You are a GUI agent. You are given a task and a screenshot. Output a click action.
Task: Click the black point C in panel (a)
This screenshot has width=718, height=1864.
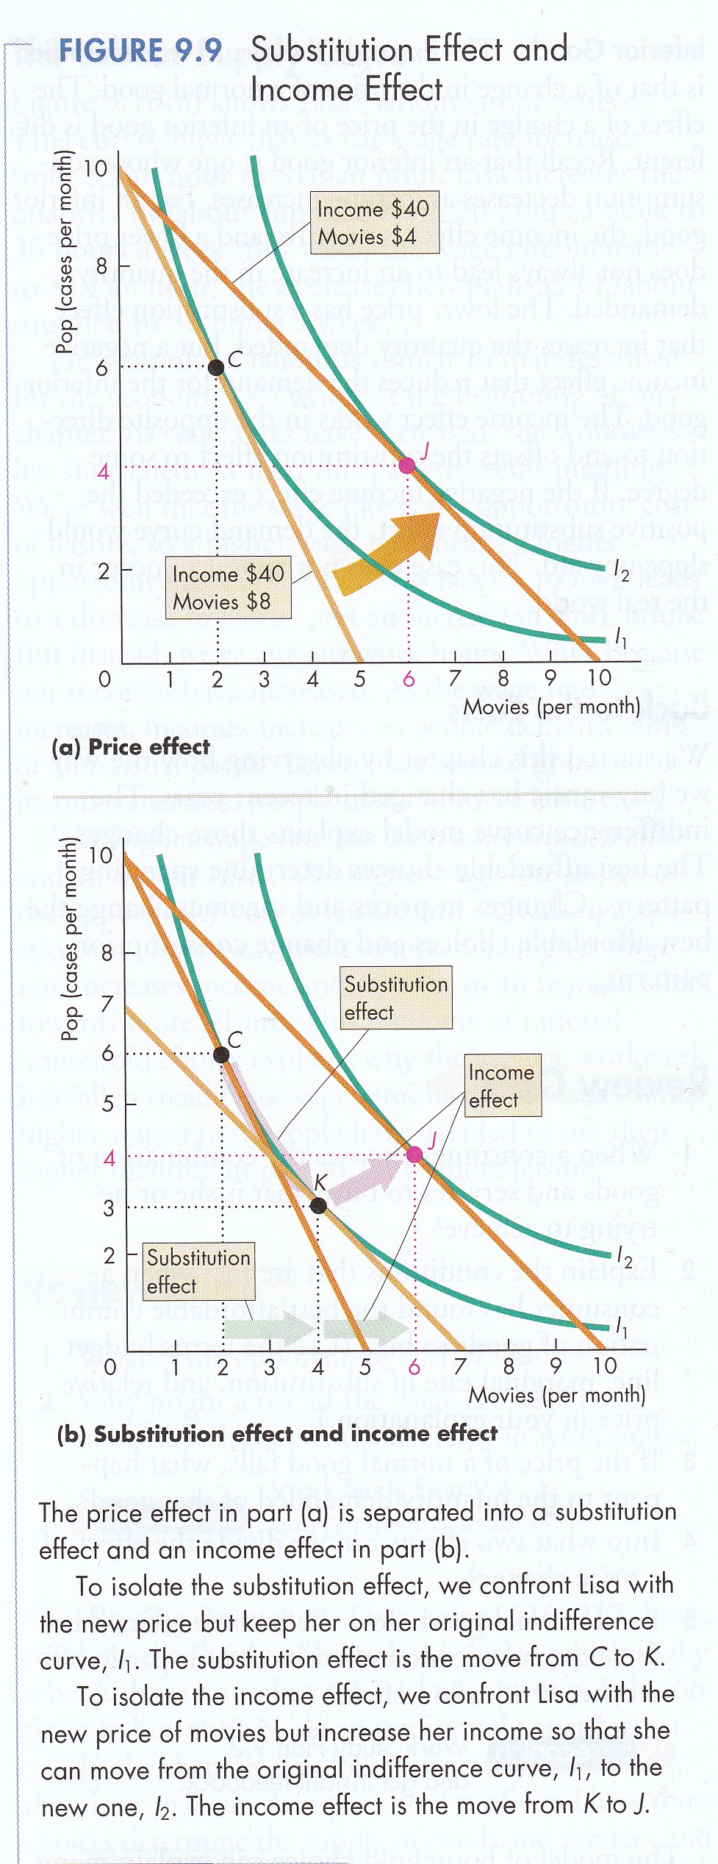click(x=216, y=366)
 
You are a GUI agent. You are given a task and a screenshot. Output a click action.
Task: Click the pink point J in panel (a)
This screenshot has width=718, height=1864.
click(x=406, y=464)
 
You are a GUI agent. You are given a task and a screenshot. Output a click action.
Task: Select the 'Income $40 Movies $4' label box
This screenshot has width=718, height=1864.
click(x=374, y=223)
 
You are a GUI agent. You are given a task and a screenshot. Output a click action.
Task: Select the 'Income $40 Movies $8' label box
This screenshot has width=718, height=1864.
click(x=227, y=588)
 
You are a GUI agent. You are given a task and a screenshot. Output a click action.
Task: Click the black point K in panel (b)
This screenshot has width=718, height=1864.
click(x=318, y=1204)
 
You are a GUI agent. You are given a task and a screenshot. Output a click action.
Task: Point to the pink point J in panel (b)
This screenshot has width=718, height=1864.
click(x=414, y=1154)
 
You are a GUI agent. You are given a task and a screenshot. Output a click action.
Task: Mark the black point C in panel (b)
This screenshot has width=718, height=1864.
click(x=221, y=1054)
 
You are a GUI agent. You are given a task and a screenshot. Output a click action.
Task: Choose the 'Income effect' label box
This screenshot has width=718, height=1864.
click(x=503, y=1085)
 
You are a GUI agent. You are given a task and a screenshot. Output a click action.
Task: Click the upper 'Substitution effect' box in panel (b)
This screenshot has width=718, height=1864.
click(x=395, y=997)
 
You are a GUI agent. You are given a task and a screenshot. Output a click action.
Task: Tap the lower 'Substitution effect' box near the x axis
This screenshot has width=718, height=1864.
click(x=198, y=1271)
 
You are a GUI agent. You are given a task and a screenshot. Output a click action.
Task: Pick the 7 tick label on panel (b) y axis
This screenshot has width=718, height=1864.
click(x=108, y=1004)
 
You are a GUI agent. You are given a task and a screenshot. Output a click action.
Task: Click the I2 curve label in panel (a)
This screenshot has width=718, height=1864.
click(x=622, y=572)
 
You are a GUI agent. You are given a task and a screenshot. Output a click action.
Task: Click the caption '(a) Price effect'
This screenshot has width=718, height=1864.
click(x=131, y=746)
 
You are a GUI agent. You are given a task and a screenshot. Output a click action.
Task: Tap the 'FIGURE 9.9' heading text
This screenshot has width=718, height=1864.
click(x=140, y=50)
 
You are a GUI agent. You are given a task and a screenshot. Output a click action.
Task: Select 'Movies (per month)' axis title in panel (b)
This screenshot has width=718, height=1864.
click(x=557, y=1394)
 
